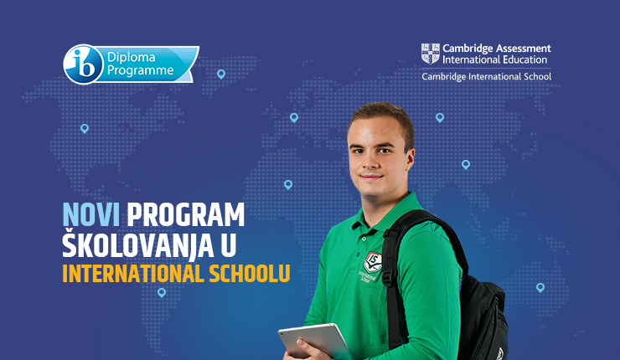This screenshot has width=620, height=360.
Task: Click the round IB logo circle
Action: (83, 64)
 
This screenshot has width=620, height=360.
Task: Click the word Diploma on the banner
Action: (131, 57)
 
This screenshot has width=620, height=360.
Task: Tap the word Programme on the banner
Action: (141, 70)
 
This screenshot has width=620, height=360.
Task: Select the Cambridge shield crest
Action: (430, 54)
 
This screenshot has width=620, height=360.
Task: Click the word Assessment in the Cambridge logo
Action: (523, 49)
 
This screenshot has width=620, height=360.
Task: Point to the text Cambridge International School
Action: (486, 76)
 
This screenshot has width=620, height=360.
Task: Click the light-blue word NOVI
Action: (91, 215)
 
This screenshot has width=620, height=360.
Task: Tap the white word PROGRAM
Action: (185, 215)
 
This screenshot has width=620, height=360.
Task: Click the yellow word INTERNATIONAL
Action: (133, 274)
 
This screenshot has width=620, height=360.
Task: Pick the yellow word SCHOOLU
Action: (250, 274)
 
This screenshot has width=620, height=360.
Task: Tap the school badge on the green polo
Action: (372, 262)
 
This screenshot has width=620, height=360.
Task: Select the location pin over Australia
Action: (540, 287)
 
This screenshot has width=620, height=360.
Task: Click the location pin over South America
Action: (162, 292)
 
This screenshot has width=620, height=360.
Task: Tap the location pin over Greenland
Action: (221, 74)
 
